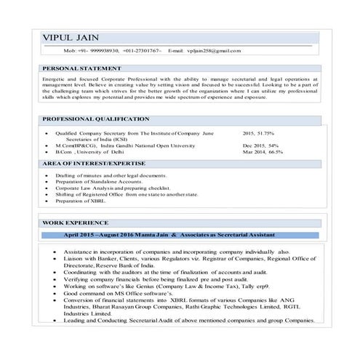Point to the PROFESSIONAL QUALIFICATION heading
94,118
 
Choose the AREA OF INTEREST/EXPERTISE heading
96,164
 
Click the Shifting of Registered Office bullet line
141,194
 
